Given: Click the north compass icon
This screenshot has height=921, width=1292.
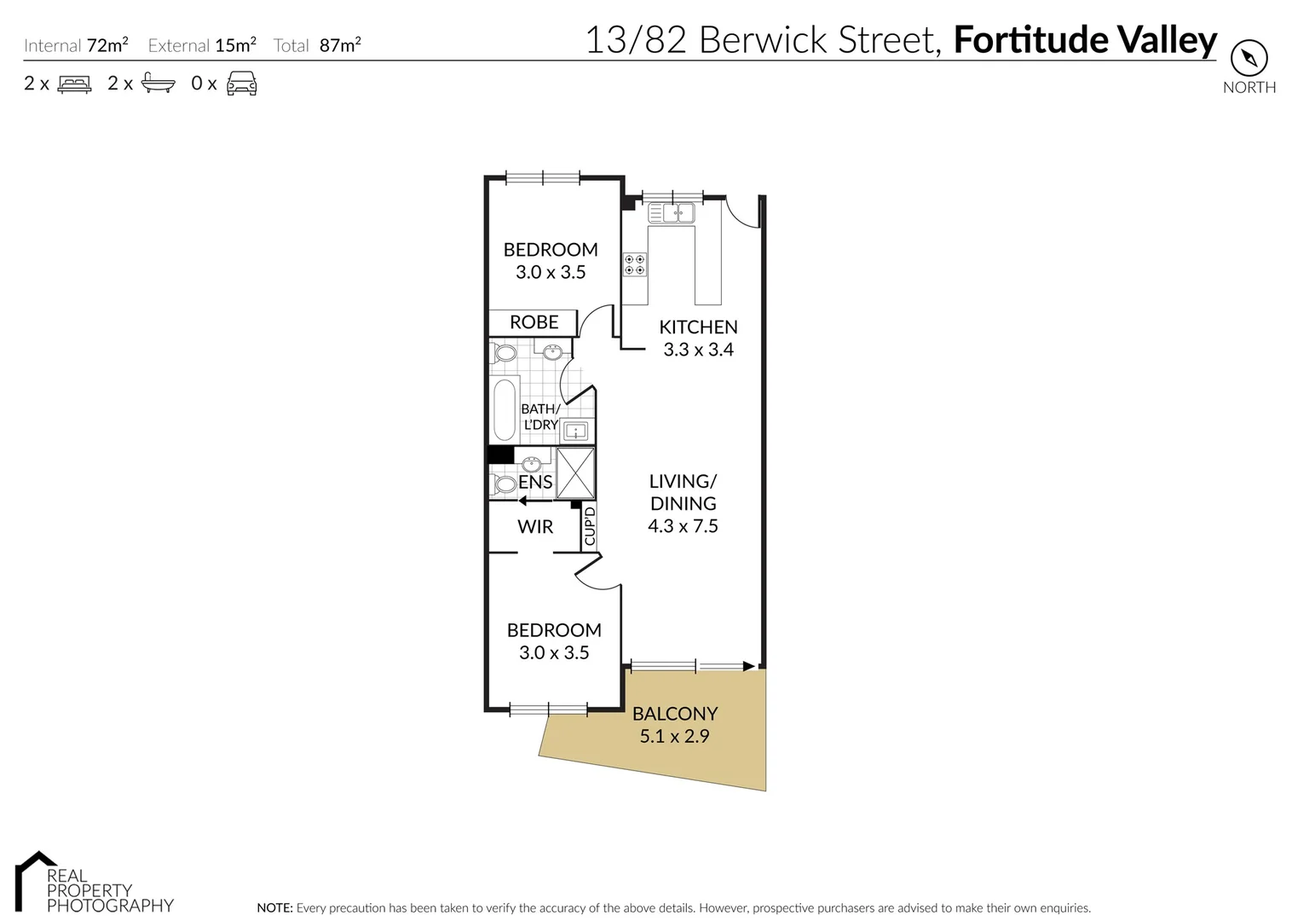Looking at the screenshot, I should pyautogui.click(x=1249, y=59).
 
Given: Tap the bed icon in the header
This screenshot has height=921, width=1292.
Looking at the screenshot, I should pyautogui.click(x=74, y=84).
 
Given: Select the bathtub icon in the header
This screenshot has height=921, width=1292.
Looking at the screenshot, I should pyautogui.click(x=159, y=83).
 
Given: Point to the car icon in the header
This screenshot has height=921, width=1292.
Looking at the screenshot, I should pyautogui.click(x=241, y=84).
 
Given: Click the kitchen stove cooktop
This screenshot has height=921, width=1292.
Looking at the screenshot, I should pyautogui.click(x=634, y=264).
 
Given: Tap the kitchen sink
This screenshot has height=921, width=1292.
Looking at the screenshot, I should pyautogui.click(x=678, y=212).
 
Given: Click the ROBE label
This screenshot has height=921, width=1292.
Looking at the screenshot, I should pyautogui.click(x=534, y=322).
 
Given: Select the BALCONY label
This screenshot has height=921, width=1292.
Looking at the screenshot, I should pyautogui.click(x=675, y=714).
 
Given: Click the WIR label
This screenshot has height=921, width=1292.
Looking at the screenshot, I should pyautogui.click(x=535, y=527).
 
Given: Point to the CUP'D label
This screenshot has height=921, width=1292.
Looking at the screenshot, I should pyautogui.click(x=590, y=526).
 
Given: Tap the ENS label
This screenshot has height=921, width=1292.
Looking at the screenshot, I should pyautogui.click(x=536, y=483).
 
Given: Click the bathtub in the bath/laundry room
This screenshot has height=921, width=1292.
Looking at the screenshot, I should pyautogui.click(x=505, y=410).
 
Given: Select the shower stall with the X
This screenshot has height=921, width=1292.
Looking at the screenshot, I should pyautogui.click(x=575, y=472).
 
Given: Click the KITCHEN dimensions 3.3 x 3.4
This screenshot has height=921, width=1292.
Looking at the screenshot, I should pyautogui.click(x=698, y=350).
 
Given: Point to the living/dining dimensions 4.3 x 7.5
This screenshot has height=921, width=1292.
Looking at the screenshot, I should pyautogui.click(x=683, y=526).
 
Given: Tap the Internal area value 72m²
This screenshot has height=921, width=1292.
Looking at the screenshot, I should pyautogui.click(x=107, y=45).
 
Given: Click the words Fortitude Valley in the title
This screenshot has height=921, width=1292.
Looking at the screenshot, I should pyautogui.click(x=1085, y=40).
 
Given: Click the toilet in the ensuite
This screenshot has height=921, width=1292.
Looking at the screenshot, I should pyautogui.click(x=503, y=484).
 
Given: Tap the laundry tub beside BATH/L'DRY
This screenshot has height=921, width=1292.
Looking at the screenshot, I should pyautogui.click(x=576, y=431).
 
